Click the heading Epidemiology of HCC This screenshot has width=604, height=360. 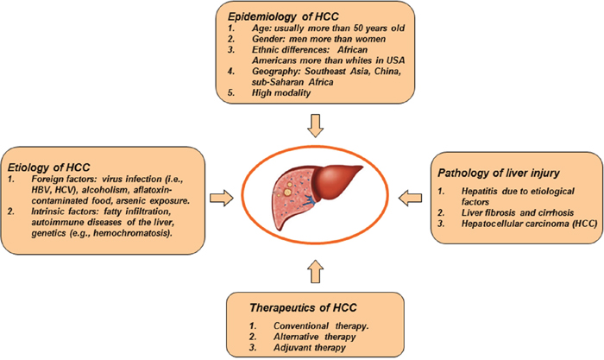[283, 16]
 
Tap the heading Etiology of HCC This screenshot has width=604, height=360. [48, 167]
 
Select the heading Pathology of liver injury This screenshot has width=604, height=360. [499, 173]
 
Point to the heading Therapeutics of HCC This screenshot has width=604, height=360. [303, 307]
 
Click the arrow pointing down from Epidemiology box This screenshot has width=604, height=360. [316, 126]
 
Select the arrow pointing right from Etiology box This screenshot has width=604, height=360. [222, 198]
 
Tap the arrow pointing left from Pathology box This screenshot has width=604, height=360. [410, 198]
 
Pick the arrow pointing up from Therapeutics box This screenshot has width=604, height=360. [316, 272]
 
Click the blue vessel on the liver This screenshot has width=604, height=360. [310, 199]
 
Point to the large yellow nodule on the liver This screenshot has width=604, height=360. [287, 192]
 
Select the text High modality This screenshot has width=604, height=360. [281, 93]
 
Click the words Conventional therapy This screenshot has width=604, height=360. [321, 326]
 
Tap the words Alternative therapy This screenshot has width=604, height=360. [315, 337]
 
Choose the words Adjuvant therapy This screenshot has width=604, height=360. [310, 348]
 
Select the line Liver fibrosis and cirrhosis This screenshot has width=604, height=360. [518, 212]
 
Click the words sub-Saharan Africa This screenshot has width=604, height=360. [293, 82]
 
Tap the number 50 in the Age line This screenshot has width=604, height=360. [365, 28]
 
